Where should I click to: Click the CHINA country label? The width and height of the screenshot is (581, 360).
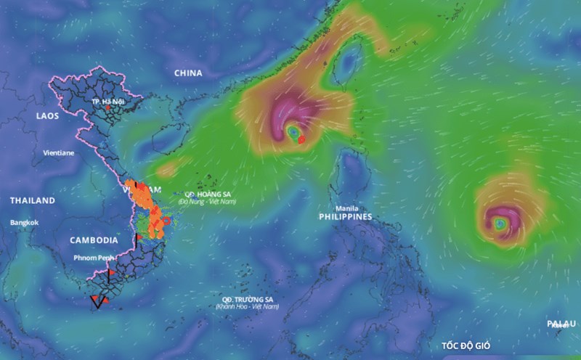[x=187, y=73]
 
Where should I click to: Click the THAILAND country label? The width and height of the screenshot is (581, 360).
[x=32, y=200]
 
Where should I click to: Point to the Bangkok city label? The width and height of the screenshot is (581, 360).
[x=24, y=222]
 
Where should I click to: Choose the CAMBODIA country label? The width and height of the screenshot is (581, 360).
[x=94, y=240]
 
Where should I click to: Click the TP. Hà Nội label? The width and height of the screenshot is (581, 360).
[x=109, y=102]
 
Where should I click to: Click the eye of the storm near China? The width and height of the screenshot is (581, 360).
[x=293, y=132]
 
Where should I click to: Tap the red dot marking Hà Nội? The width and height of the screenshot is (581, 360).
[x=109, y=108]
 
